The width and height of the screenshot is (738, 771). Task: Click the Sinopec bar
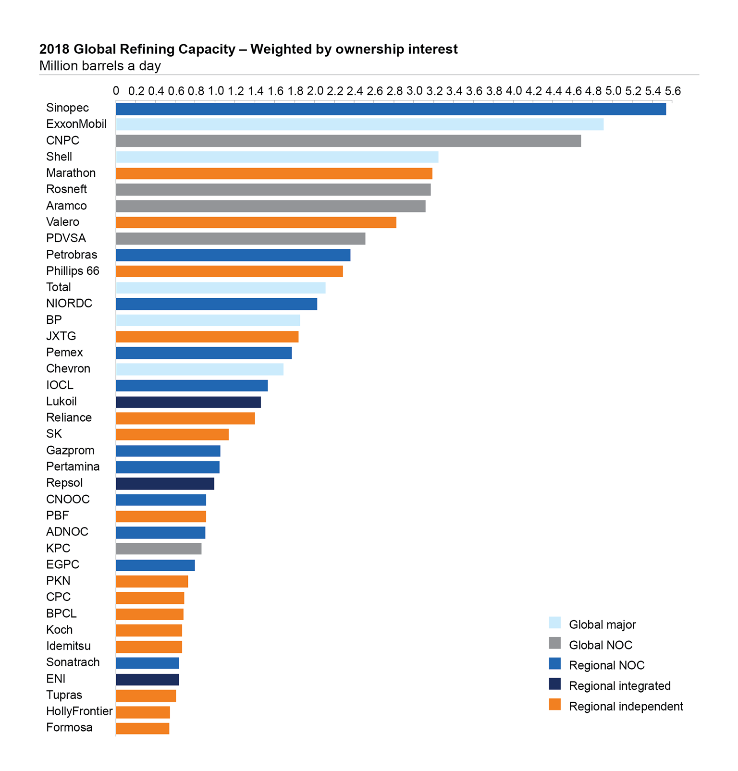coord(391,109)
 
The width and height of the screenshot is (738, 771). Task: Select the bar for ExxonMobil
coord(359,124)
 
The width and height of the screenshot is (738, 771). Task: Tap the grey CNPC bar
coord(348,141)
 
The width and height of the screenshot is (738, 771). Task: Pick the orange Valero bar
coord(256,222)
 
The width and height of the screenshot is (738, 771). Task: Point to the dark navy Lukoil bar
coord(188,402)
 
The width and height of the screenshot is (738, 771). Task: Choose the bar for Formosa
coord(143,728)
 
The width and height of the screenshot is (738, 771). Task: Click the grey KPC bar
coord(159,549)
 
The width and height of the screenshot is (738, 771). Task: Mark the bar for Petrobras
coord(233,255)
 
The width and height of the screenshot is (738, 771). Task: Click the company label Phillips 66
coord(73,271)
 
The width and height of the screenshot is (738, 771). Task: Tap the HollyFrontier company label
coord(79,711)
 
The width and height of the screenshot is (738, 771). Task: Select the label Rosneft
coord(66,189)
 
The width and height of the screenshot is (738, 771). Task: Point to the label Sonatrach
coord(73,662)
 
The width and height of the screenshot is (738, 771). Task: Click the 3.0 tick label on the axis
coord(415,91)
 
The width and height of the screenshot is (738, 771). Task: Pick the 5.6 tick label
coord(673,91)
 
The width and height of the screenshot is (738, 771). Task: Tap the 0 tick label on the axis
coord(116,91)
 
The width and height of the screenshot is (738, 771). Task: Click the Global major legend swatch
coord(555,623)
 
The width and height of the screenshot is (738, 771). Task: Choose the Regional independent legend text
coord(626,706)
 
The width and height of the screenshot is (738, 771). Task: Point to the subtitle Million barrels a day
coord(100,66)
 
